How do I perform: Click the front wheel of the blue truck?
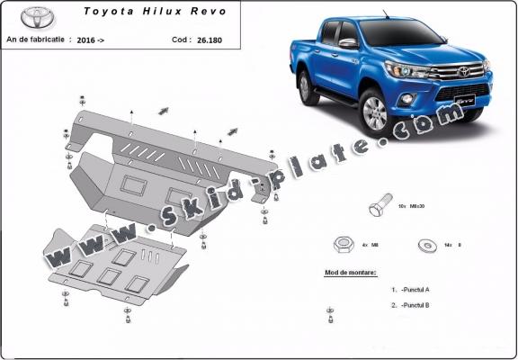tap(377, 114)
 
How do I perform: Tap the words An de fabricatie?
tap(36, 40)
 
